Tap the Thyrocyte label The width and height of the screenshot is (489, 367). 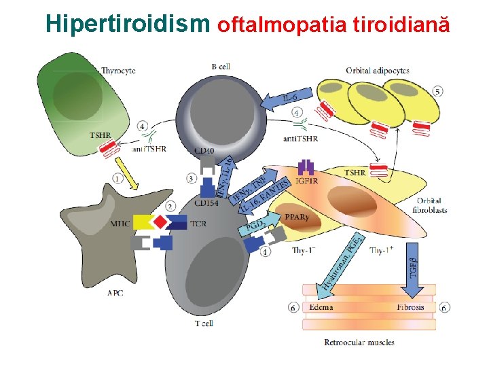118,70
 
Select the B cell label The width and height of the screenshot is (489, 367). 221,66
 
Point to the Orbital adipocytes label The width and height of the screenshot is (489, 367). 377,70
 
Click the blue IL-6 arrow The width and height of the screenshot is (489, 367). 285,99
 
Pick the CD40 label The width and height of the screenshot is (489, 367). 204,150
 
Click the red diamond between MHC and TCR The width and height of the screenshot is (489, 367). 160,222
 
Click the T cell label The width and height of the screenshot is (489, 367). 203,323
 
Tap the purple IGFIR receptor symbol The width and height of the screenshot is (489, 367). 306,168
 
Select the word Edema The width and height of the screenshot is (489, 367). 321,307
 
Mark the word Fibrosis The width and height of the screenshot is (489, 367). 410,307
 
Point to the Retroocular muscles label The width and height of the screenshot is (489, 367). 359,342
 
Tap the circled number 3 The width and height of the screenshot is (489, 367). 192,179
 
